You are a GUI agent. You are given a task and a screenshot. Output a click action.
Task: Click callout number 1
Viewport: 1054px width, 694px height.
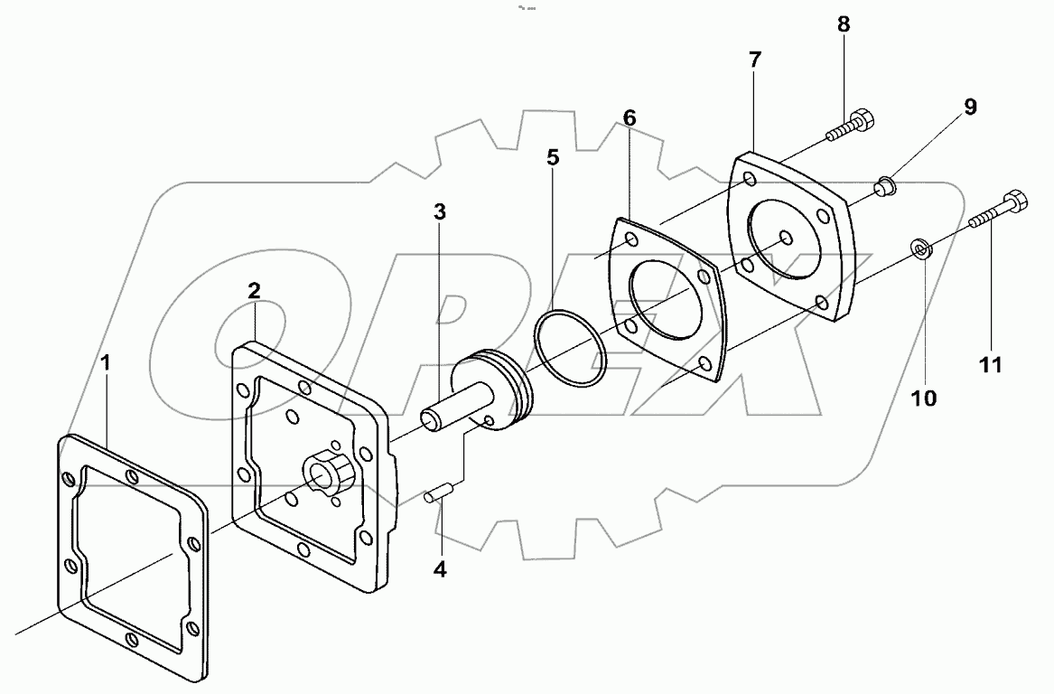click(106, 363)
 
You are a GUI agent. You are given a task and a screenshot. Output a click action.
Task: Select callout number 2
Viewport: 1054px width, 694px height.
click(255, 290)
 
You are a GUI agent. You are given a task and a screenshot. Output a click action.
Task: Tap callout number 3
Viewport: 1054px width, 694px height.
click(439, 213)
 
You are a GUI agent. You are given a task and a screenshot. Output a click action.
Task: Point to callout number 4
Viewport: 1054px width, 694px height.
click(439, 569)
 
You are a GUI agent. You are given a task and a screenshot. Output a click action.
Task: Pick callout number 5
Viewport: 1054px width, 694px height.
click(553, 157)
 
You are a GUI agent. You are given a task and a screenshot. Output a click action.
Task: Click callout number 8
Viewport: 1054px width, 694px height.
click(843, 24)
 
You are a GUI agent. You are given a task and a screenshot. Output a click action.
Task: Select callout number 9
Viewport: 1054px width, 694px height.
click(969, 107)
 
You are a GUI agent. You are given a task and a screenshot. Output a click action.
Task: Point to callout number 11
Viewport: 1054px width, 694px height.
click(991, 365)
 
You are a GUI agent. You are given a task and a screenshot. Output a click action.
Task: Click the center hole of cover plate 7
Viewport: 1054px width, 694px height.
click(787, 239)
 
